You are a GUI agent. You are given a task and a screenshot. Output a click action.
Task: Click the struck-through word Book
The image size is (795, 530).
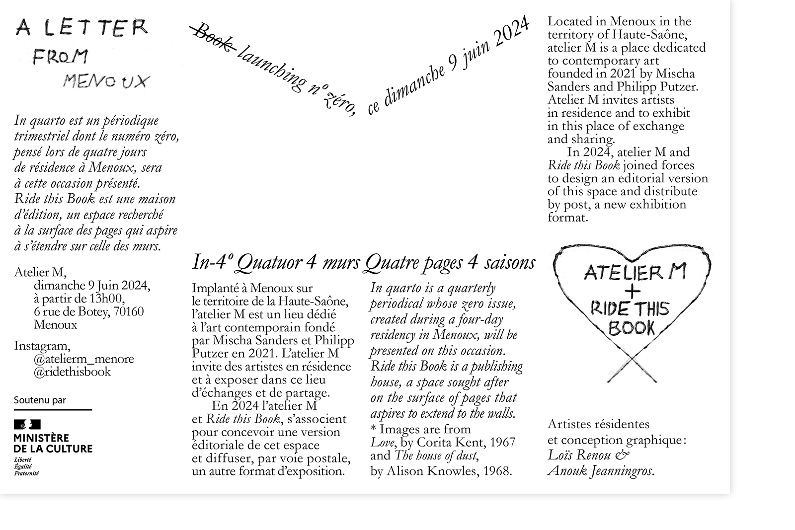pyautogui.click(x=213, y=38)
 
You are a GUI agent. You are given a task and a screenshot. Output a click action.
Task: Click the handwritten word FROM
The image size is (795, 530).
pyautogui.click(x=60, y=57)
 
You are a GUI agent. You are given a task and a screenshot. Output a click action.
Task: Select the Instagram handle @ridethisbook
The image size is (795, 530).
pyautogui.click(x=72, y=372)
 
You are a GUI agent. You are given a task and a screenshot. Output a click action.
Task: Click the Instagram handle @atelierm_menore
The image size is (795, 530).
pyautogui.click(x=83, y=359)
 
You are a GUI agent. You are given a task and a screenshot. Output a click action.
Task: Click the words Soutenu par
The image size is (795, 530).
pyautogui.click(x=40, y=400)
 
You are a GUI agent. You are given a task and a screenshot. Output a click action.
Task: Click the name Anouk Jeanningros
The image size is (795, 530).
pyautogui.click(x=601, y=470)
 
